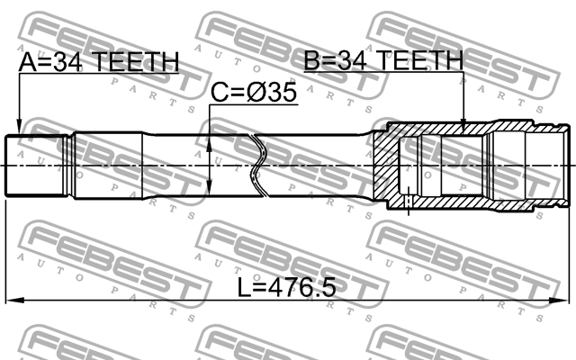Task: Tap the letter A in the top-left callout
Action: pyautogui.click(x=28, y=62)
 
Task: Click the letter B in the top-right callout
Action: pyautogui.click(x=312, y=61)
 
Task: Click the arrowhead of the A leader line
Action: pyautogui.click(x=19, y=128)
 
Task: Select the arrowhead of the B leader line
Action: pyautogui.click(x=463, y=128)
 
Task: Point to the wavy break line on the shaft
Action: pyautogui.click(x=258, y=164)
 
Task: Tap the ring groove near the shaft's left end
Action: pyautogui.click(x=70, y=164)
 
